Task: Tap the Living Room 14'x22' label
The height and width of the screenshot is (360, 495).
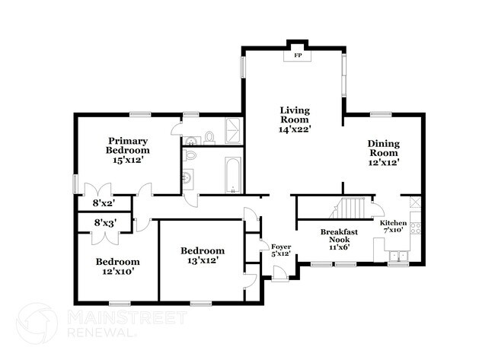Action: click(x=293, y=119)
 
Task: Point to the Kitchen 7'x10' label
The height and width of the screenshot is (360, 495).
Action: click(x=394, y=227)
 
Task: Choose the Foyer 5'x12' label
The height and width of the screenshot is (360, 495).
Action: click(x=281, y=250)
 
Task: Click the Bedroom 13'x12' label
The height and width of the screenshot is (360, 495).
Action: click(x=202, y=256)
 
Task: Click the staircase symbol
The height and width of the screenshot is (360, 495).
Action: click(x=351, y=208)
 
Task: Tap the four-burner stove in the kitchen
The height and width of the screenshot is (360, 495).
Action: click(x=415, y=227)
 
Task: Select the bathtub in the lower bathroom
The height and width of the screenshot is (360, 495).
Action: click(x=232, y=175)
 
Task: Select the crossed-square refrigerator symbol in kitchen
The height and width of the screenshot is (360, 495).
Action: click(x=414, y=202)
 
